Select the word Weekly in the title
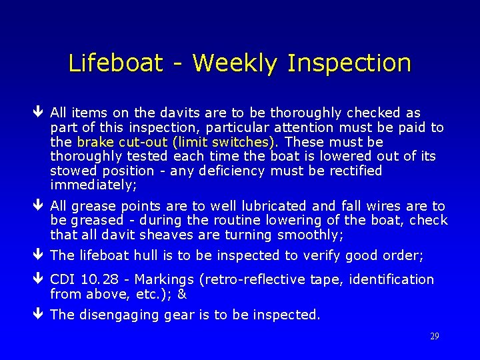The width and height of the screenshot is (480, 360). pos(233,64)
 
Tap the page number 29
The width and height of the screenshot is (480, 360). pos(434,337)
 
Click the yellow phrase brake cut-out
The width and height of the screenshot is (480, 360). pos(122,142)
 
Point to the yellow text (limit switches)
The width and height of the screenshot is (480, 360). pos(223,142)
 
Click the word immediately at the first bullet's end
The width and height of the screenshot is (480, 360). pos(93,185)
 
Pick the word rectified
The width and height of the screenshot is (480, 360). pos(353,171)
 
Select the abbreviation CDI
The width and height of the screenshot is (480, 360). pos(63,279)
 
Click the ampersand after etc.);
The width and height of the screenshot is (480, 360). pos(182,294)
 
